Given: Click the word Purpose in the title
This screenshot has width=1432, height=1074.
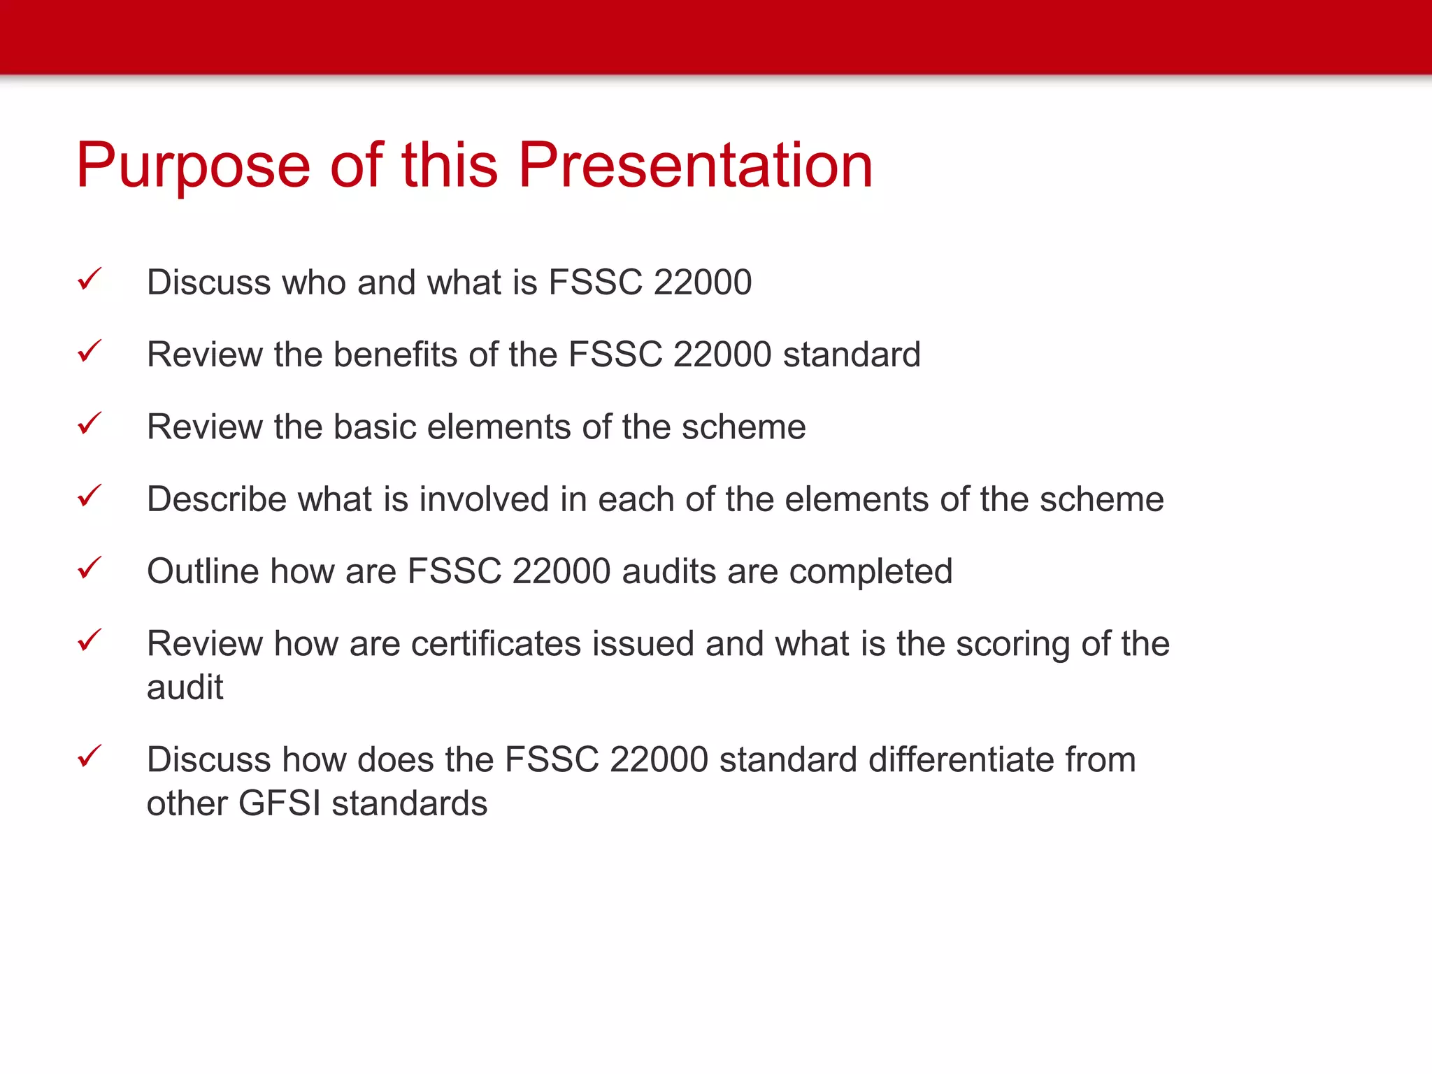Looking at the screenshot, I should pyautogui.click(x=193, y=166).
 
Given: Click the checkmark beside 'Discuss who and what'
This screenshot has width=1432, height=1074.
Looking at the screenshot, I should pyautogui.click(x=89, y=280).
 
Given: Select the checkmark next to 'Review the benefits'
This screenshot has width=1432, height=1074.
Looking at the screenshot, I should pyautogui.click(x=89, y=352).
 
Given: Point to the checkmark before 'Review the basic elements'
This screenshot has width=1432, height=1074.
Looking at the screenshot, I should pyautogui.click(x=89, y=424).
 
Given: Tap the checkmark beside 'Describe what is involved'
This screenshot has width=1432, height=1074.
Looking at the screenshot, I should pyautogui.click(x=89, y=496).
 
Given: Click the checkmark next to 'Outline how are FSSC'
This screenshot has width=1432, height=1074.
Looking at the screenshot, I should pyautogui.click(x=89, y=568).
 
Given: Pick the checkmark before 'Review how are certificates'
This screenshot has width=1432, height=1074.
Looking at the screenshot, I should pyautogui.click(x=89, y=640).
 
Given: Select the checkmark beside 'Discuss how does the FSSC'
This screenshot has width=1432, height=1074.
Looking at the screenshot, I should pyautogui.click(x=89, y=757).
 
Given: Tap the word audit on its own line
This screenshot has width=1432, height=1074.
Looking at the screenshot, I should pyautogui.click(x=185, y=687).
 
